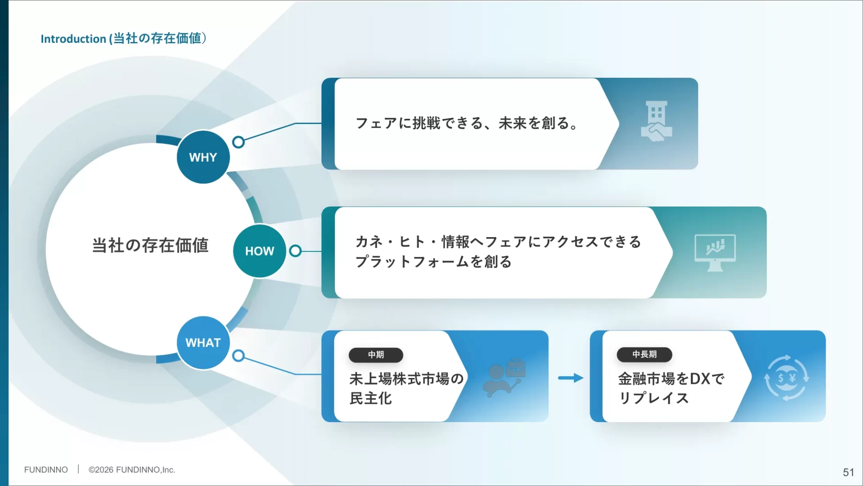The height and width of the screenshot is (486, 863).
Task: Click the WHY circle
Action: pyautogui.click(x=203, y=157)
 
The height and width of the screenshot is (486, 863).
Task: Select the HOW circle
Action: pyautogui.click(x=259, y=251)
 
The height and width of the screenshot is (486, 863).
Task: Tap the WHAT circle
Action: pyautogui.click(x=203, y=342)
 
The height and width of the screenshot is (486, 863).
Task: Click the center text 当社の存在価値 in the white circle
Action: pyautogui.click(x=150, y=245)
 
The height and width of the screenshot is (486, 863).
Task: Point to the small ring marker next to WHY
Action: pyautogui.click(x=239, y=142)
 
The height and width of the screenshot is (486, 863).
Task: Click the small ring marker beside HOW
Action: pyautogui.click(x=295, y=251)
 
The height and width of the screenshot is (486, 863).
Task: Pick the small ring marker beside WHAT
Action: pyautogui.click(x=239, y=356)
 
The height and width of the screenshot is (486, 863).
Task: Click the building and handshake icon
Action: pyautogui.click(x=656, y=121)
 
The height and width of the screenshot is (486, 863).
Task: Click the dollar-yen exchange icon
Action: pyautogui.click(x=786, y=378)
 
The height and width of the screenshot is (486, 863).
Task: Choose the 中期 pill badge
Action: pyautogui.click(x=376, y=355)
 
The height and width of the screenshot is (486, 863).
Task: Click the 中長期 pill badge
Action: pyautogui.click(x=644, y=354)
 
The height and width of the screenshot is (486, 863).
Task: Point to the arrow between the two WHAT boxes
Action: pyautogui.click(x=570, y=378)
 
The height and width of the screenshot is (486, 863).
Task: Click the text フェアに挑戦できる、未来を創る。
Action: pyautogui.click(x=467, y=123)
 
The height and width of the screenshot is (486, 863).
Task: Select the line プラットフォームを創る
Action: pyautogui.click(x=433, y=261)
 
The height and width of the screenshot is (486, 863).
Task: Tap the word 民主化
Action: pyautogui.click(x=370, y=398)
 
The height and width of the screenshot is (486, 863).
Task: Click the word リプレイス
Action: pyautogui.click(x=654, y=398)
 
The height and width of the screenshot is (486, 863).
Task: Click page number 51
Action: pyautogui.click(x=848, y=472)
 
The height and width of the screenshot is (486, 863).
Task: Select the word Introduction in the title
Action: pyautogui.click(x=73, y=39)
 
